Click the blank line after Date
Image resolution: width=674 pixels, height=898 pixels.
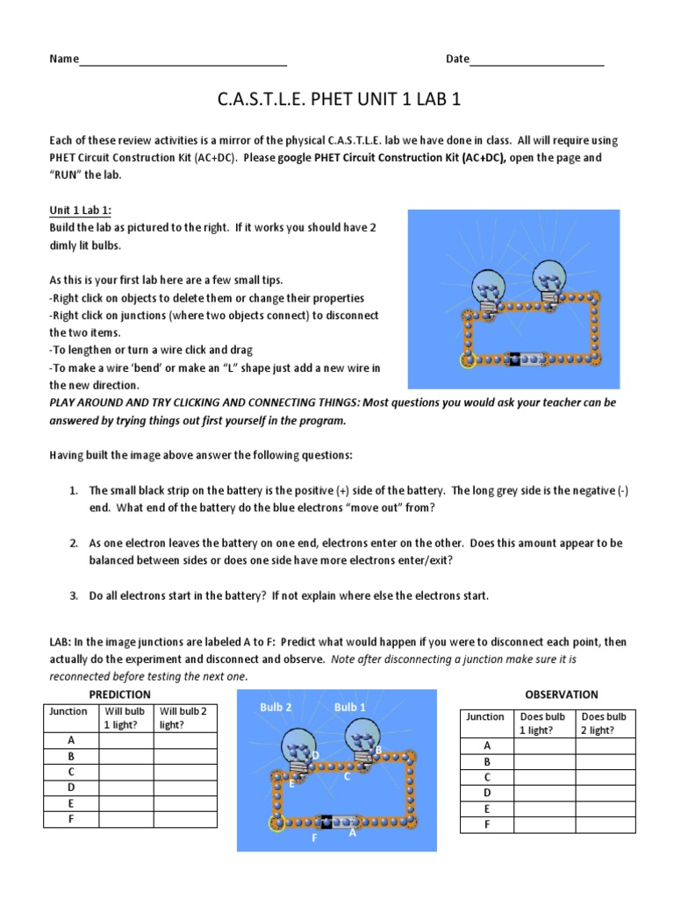pos(537,61)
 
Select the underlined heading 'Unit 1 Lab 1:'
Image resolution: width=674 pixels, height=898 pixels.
pos(80,210)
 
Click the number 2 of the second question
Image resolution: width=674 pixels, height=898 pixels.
pos(75,544)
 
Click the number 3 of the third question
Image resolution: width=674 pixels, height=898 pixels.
pos(75,596)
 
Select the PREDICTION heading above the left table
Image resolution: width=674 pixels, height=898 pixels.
pos(120,695)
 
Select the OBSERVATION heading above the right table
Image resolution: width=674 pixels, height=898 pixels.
pos(561,695)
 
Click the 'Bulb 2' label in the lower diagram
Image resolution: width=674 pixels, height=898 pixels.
pos(276,707)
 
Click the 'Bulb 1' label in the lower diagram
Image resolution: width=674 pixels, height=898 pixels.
pos(350,707)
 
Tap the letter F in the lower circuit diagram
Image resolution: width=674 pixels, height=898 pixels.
pos(313,838)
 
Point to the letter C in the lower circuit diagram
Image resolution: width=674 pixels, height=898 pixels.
pos(347,776)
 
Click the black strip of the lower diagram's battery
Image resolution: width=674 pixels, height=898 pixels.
pos(322,822)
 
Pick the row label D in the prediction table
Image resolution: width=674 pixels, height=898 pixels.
pos(71,788)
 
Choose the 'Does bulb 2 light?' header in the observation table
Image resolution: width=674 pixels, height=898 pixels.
pos(603,723)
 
